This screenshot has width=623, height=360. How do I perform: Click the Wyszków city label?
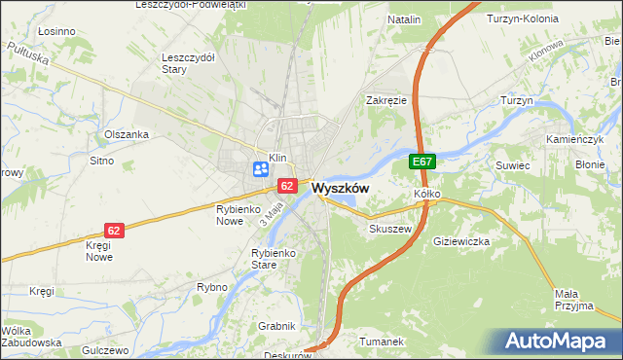pos(340,190)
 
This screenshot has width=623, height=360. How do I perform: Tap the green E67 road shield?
pos(421,162)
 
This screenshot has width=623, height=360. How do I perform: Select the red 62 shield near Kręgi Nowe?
pos(115,231)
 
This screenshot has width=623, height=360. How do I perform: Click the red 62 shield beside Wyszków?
pos(287,185)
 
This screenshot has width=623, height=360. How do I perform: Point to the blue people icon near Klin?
pos(261,169)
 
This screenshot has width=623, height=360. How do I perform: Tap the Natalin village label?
pos(404,19)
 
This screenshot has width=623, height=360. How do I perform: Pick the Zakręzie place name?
pos(385,100)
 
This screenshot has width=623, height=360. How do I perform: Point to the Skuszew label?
pos(391,229)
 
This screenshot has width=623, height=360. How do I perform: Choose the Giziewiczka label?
pos(464,240)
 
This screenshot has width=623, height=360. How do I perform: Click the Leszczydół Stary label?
pos(188,62)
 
